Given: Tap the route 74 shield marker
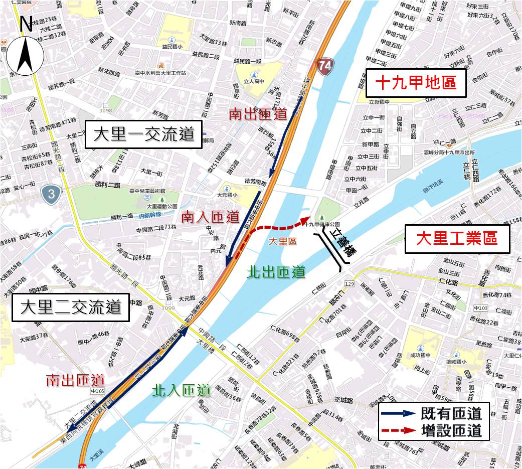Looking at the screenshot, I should pos(325,66).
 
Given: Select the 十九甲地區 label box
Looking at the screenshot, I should pos(416,83).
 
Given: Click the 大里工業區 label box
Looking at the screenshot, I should pos(457,238).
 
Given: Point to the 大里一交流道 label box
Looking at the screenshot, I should pos(143,134).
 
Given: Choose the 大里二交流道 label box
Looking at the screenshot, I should pos(71,307).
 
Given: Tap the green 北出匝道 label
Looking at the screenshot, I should pos(276,272).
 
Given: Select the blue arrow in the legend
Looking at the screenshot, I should pos(398,413).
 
